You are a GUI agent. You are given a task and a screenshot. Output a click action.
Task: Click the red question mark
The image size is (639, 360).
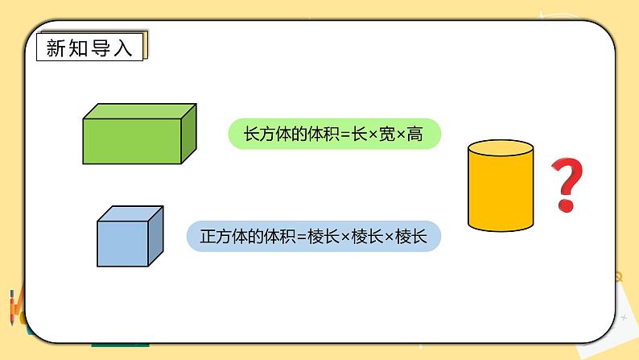coord(567,184)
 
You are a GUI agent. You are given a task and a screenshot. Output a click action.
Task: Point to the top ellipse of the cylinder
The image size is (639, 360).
coord(501,150)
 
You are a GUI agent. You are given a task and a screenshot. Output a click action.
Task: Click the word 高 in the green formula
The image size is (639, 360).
coord(414,134)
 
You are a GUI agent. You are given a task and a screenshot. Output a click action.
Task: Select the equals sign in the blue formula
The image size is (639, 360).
coord(301,238)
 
